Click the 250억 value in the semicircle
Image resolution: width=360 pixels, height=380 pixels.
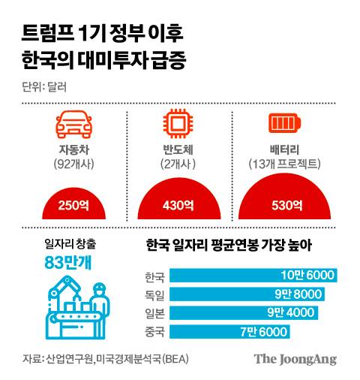click(x=73, y=204)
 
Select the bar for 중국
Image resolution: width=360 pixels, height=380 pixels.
click(x=215, y=330)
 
